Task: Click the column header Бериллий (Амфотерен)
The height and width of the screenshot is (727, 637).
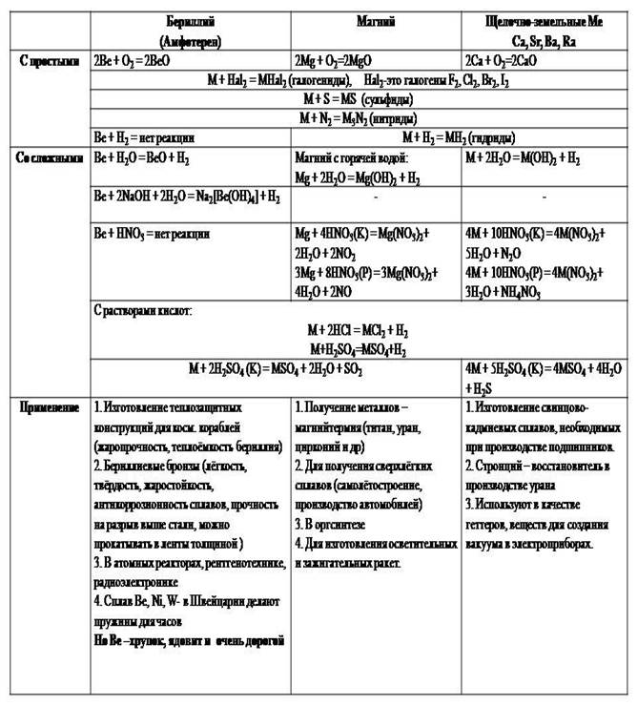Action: [x=190, y=28]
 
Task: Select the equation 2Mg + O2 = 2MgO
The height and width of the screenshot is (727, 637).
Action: [x=343, y=60]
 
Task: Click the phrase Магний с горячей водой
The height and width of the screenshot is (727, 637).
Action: [x=352, y=156]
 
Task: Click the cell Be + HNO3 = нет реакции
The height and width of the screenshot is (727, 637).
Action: [x=153, y=232]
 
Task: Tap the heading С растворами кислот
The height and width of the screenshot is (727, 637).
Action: [x=144, y=311]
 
